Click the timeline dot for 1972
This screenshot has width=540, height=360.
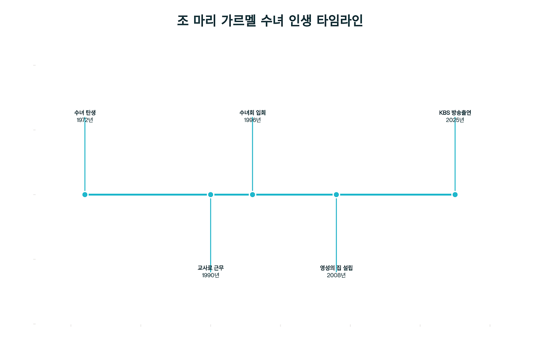[x=85, y=195]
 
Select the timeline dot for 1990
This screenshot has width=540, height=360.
[x=211, y=195]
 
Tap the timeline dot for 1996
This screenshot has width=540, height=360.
[x=252, y=195]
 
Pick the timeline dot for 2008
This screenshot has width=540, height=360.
[x=336, y=195]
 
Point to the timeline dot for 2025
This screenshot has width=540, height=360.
[x=455, y=195]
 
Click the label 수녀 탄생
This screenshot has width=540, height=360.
[x=85, y=113]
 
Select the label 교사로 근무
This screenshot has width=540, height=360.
[x=211, y=268]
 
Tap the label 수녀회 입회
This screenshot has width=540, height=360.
[x=252, y=113]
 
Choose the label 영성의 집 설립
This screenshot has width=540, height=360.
[x=336, y=268]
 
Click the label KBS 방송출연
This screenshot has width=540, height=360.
[x=455, y=113]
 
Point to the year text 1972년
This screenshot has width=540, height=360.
[x=85, y=120]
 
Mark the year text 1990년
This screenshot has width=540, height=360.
[x=211, y=275]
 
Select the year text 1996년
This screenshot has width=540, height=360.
[x=252, y=120]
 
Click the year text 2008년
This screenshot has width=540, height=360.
[x=336, y=275]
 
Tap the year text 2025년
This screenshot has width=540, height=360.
[x=455, y=120]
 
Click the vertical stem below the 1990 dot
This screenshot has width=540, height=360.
[x=211, y=230]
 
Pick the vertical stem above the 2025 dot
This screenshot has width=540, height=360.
[x=455, y=156]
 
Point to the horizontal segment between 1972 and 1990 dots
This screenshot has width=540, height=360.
[x=148, y=195]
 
